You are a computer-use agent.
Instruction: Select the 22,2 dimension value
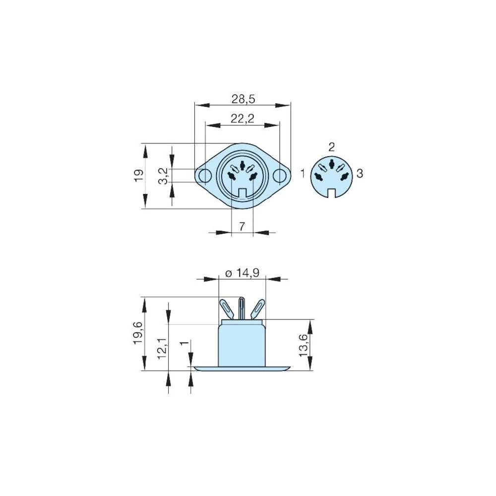[x=242, y=119]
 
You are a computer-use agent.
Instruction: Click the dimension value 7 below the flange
[x=242, y=227]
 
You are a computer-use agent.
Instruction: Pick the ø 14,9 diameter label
[x=243, y=273]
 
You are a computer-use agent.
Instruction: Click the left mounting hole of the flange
[x=203, y=176]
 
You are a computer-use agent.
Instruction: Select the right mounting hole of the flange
[x=280, y=176]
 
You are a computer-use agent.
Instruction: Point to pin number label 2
[x=331, y=146]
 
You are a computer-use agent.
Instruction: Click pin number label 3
[x=360, y=173]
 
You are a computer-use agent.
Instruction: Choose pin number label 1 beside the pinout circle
[x=303, y=173]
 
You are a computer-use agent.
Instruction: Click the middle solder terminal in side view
[x=242, y=309]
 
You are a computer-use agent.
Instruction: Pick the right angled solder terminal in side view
[x=257, y=309]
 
